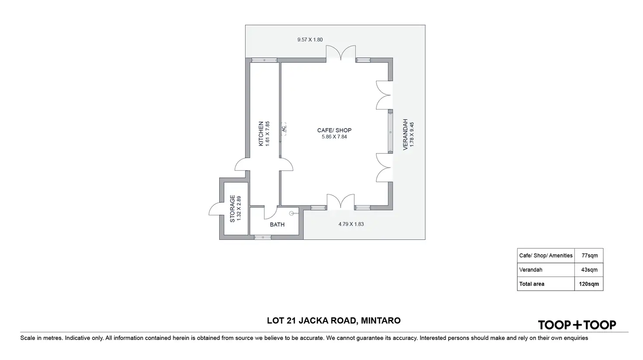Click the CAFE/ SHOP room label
click(x=334, y=130)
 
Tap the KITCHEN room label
click(x=261, y=133)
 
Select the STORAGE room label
click(x=232, y=208)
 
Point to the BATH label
click(x=277, y=225)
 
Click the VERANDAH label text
click(x=405, y=134)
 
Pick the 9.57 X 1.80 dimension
click(x=310, y=40)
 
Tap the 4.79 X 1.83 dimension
click(x=351, y=224)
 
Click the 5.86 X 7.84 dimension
click(x=334, y=137)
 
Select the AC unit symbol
click(x=283, y=128)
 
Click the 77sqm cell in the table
click(x=589, y=256)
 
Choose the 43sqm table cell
click(x=589, y=270)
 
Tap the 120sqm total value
click(x=589, y=284)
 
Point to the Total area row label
click(x=532, y=284)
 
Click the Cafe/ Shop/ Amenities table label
click(x=546, y=256)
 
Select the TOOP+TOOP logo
click(x=577, y=325)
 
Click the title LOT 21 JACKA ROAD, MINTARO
click(x=334, y=321)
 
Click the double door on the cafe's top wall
click(x=341, y=53)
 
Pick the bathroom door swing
click(x=271, y=212)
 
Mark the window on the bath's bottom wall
click(x=263, y=237)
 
